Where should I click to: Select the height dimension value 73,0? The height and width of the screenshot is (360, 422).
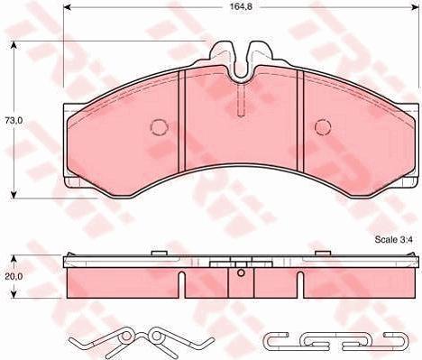click(x=13, y=119)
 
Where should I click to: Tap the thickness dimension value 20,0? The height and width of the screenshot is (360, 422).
click(x=13, y=279)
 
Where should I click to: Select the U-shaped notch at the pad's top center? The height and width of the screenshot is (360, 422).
click(x=242, y=61)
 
